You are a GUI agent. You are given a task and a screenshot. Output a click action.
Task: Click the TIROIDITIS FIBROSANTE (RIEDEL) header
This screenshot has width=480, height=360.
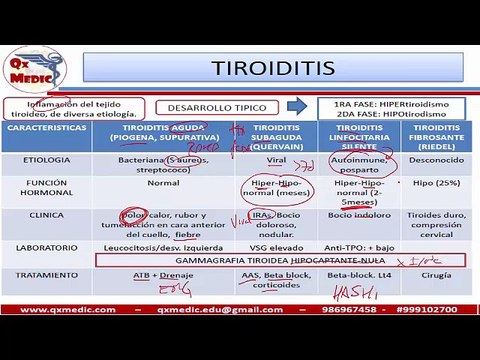pos(435,138)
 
